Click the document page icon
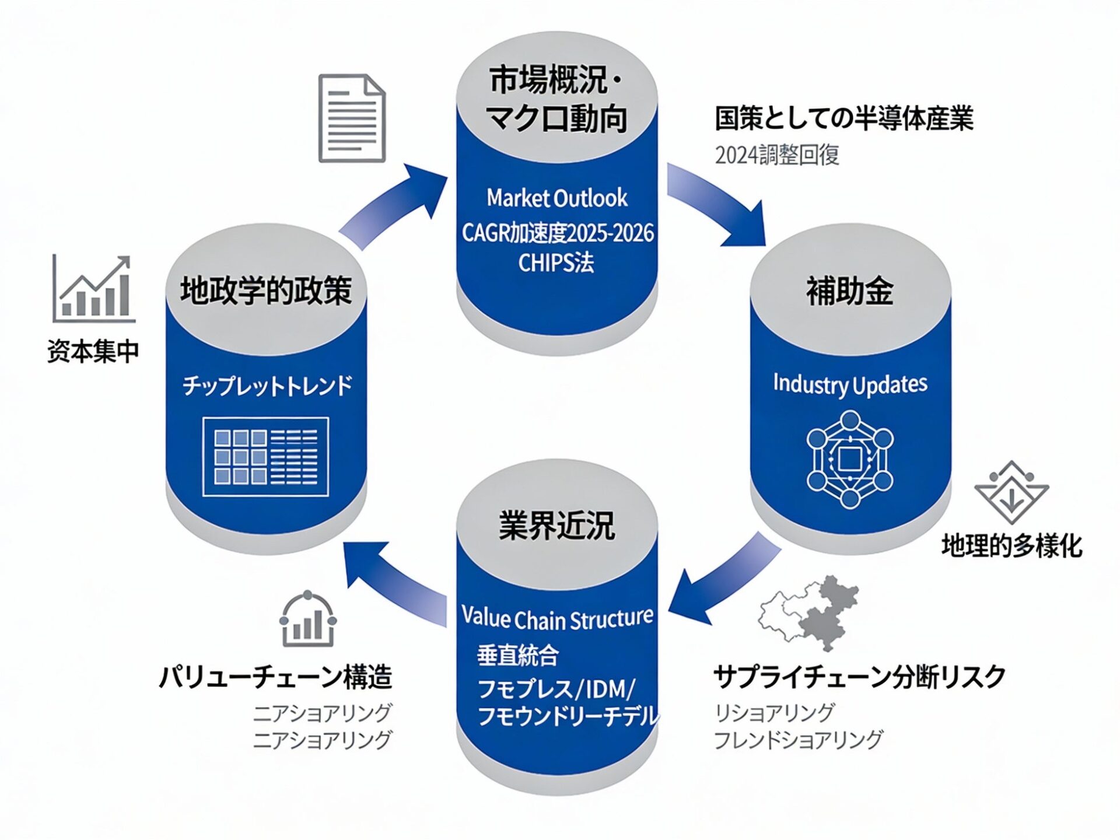352,118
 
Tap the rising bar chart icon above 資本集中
93,289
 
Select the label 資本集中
93,351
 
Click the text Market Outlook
557,198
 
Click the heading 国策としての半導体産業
844,118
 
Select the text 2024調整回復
777,155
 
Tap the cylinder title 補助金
850,291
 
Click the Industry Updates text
850,384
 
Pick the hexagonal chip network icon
850,460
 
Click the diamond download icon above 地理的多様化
1012,494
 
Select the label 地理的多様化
1012,546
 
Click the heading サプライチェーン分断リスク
859,677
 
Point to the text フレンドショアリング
798,740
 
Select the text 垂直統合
518,655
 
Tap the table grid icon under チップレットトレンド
265,457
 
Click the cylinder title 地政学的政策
266,290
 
